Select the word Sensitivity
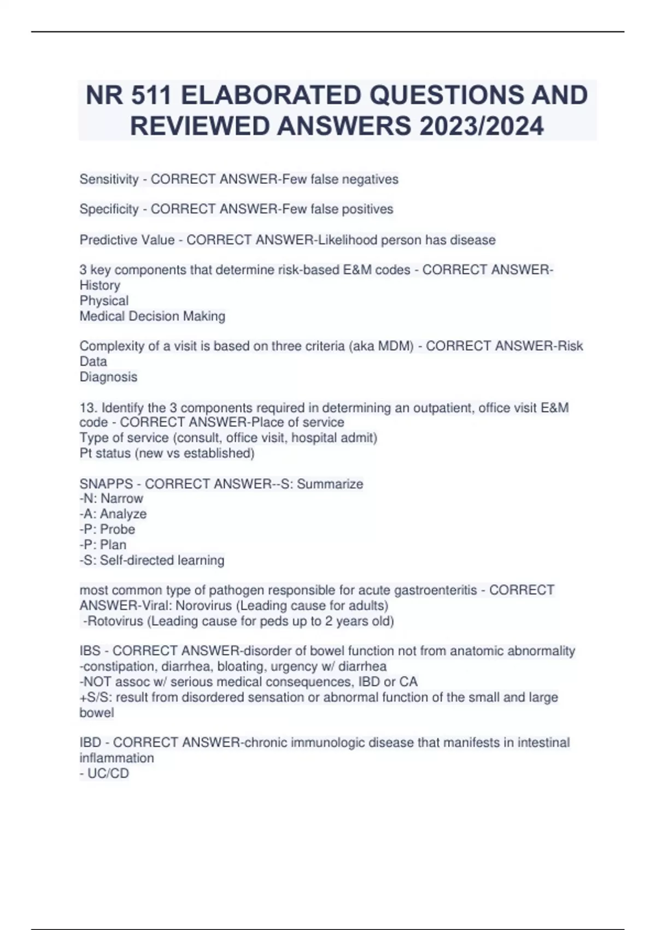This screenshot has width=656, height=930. tap(109, 179)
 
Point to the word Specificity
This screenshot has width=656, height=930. tap(109, 209)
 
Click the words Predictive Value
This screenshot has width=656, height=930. tap(127, 240)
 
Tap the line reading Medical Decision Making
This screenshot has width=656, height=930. tap(152, 316)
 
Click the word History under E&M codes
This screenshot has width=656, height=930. tap(99, 286)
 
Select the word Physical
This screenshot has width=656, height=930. tap(104, 301)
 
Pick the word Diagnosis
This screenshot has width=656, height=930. tap(108, 377)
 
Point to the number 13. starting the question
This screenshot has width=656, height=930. tap(89, 408)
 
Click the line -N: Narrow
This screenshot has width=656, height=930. tap(111, 498)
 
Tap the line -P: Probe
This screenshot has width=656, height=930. tap(107, 529)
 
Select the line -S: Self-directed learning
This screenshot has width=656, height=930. tap(152, 560)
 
